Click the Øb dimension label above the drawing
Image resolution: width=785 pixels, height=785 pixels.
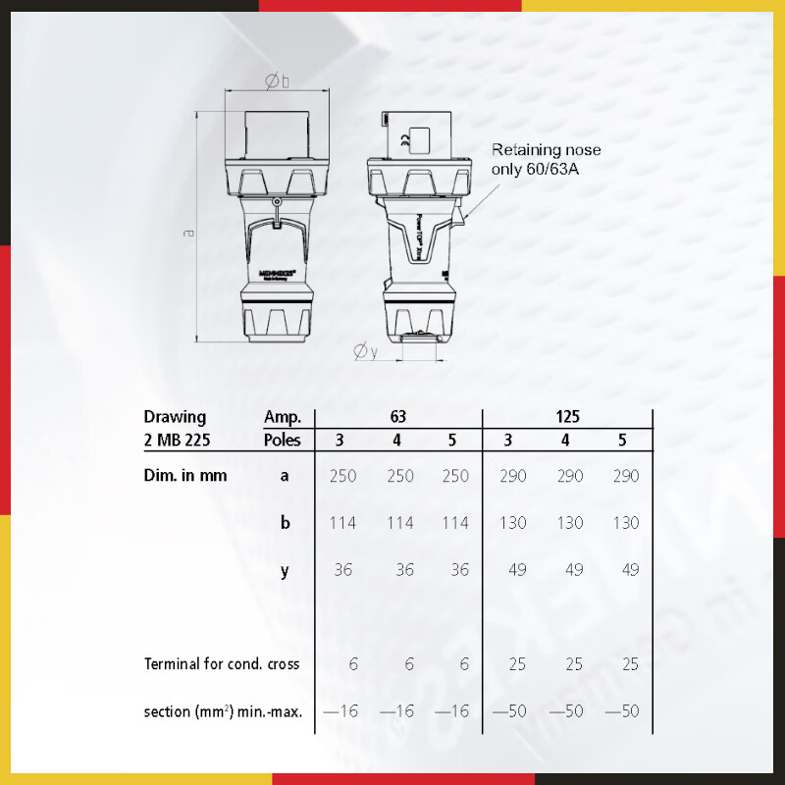278,83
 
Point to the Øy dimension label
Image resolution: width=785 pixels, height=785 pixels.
365,351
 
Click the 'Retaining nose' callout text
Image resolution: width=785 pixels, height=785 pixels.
546,150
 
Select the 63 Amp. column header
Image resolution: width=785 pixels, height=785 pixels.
397,416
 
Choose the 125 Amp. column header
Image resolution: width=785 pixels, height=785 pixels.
566,416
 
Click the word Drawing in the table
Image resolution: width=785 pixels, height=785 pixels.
175,416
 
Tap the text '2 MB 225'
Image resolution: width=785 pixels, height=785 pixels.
177,440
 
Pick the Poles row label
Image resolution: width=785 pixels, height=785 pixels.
283,440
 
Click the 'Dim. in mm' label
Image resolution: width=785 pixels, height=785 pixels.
185,476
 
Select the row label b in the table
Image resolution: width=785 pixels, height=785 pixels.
285,523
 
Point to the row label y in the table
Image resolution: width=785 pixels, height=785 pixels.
285,570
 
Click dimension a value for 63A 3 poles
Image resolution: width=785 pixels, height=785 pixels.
342,476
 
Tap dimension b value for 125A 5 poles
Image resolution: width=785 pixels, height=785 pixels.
624,523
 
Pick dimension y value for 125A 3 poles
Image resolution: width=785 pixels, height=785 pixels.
511,570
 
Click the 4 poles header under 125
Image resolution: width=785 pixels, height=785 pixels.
566,440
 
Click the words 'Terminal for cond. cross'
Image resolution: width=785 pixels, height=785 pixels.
222,664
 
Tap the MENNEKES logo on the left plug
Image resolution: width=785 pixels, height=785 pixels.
276,266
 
